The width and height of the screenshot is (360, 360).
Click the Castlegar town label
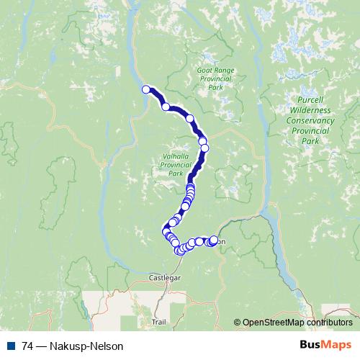click(163, 276)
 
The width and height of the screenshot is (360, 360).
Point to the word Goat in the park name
click(204, 71)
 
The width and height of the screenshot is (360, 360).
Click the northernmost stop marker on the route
click(146, 89)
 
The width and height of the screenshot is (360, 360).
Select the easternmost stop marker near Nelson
click(214, 240)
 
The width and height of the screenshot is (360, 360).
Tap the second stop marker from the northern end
click(166, 107)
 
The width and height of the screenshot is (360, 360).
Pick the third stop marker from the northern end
click(190, 118)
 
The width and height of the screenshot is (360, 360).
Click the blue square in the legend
click(11, 346)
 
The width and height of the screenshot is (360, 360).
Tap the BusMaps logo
click(327, 346)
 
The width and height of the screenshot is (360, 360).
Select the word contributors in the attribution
click(328, 323)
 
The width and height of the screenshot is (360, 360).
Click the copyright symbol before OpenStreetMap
click(237, 323)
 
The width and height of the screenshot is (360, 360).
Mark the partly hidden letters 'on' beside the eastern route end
click(221, 242)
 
